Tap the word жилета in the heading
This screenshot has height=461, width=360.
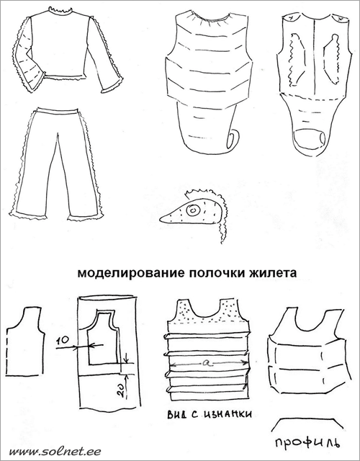pos(273,273)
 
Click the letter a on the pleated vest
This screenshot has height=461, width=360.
pos(204,364)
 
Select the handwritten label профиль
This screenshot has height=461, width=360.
pos(308,444)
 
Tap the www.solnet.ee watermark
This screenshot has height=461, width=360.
pos(55,451)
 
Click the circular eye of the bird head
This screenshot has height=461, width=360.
pos(194,210)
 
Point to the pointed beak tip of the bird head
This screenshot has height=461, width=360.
pos(161,219)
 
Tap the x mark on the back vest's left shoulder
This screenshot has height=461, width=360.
pos(290,18)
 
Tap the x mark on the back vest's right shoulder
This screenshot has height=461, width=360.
pos(340,18)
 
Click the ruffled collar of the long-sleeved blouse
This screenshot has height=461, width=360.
pos(60,11)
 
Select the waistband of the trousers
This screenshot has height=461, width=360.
pos(58,110)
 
